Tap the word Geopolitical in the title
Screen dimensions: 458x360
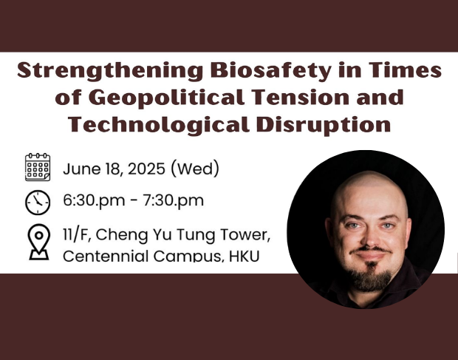pos(169,98)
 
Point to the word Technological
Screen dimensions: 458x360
pos(159,125)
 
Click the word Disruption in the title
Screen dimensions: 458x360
pos(324,125)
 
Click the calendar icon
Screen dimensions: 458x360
pos(38,167)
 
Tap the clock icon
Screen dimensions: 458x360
pos(38,203)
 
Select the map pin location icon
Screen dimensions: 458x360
pos(39,242)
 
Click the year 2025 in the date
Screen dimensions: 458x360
pos(146,169)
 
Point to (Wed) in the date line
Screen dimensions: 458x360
pos(195,169)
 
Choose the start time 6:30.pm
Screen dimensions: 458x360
pos(94,200)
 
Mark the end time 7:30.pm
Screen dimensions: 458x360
pos(173,200)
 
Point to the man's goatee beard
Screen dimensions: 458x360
pos(370,278)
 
